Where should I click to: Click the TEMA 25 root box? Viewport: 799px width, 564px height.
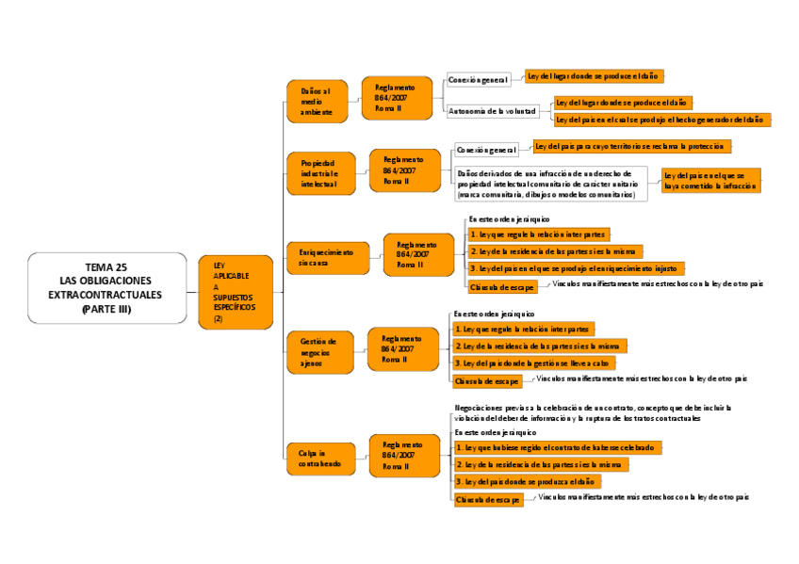pos(106,287)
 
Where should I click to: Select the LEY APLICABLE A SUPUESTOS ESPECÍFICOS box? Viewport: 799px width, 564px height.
pos(235,293)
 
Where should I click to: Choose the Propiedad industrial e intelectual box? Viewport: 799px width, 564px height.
pos(320,173)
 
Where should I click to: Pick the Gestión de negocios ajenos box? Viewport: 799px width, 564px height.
pos(319,350)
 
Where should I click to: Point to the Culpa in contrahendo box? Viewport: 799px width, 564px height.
pos(320,459)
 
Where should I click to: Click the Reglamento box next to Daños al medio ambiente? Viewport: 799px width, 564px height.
pos(397,98)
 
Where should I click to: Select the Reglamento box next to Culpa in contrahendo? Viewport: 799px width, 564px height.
pos(403,456)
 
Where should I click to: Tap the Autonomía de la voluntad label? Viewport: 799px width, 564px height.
pos(492,110)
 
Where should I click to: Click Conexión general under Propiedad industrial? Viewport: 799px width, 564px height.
pos(486,150)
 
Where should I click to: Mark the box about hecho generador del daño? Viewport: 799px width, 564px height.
pos(661,120)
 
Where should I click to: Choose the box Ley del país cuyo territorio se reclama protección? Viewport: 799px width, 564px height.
pos(632,146)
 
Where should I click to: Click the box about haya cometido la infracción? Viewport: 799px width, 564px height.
pos(710,181)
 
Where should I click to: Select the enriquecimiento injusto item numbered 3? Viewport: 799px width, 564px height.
pos(576,268)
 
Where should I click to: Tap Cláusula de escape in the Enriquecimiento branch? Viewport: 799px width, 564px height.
pos(503,286)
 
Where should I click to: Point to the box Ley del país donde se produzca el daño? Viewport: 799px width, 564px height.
pos(527,481)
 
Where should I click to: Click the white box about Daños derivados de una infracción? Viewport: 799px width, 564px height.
pos(550,184)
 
